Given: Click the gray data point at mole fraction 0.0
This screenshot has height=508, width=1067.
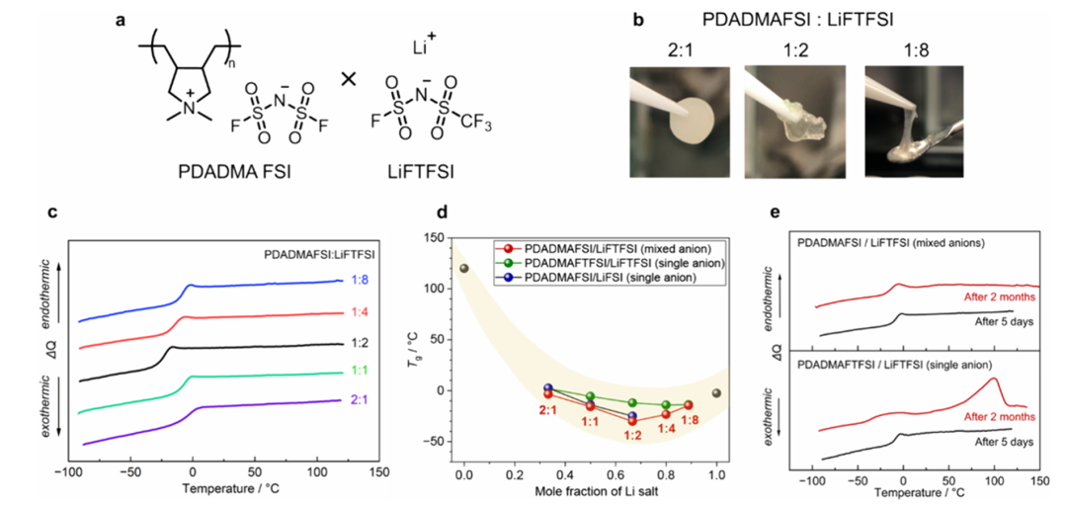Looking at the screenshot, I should pyautogui.click(x=464, y=269).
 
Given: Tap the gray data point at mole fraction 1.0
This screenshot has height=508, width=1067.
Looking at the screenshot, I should pyautogui.click(x=717, y=393).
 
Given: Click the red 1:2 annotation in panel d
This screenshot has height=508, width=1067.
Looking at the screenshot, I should pyautogui.click(x=632, y=435).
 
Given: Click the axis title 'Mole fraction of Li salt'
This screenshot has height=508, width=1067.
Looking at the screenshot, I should pyautogui.click(x=591, y=491).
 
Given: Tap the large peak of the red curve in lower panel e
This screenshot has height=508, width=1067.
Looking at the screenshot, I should pyautogui.click(x=993, y=379).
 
